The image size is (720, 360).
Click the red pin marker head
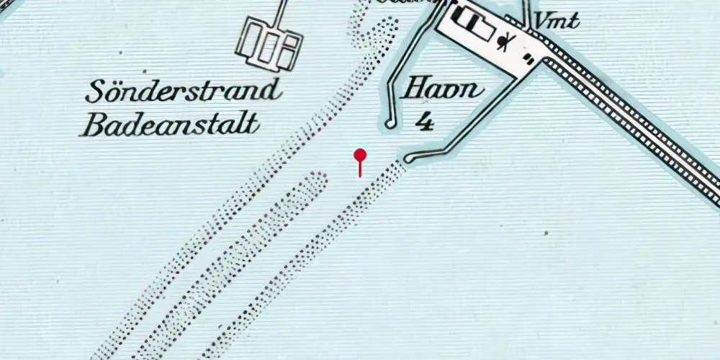coord(360,155)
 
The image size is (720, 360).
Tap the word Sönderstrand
coord(183,92)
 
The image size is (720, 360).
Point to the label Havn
coord(441,91)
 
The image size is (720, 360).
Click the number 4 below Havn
coord(426,122)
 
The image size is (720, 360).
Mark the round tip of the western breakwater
coord(390,125)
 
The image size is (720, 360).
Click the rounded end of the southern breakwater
coord(408,159)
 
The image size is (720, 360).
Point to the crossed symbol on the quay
coord(508,41)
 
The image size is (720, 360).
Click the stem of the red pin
coord(360,169)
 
